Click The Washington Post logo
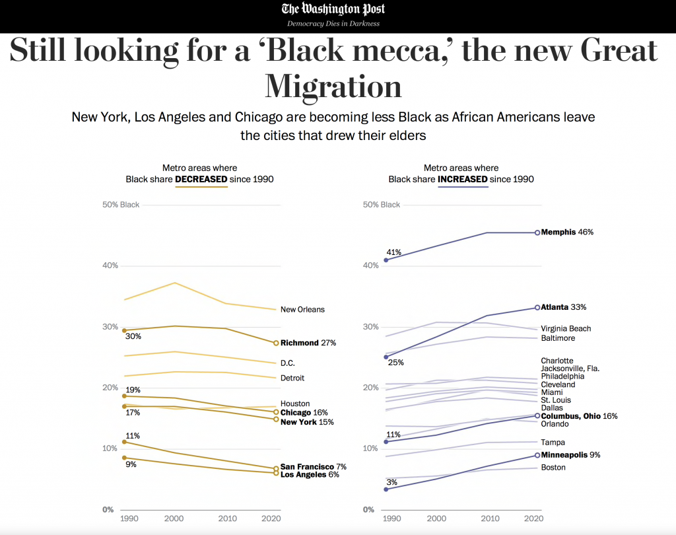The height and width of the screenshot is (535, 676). tap(333, 9)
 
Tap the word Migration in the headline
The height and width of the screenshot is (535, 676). tap(333, 87)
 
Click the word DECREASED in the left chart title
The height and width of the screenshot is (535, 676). tap(201, 179)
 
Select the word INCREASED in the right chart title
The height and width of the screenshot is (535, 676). tap(463, 179)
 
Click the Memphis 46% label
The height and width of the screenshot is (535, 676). tap(567, 232)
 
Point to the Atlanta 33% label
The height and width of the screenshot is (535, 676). tap(564, 307)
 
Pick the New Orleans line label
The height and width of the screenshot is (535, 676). tap(302, 309)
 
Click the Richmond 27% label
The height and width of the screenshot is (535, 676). tap(308, 343)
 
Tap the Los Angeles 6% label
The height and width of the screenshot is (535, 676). tap(310, 474)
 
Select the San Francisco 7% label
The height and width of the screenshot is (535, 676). tap(313, 466)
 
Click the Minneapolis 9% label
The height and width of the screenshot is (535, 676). tap(570, 455)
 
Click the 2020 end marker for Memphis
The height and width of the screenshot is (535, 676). tap(537, 232)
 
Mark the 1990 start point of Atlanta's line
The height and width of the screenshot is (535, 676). tap(386, 357)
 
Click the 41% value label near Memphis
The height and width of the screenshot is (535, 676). tap(394, 252)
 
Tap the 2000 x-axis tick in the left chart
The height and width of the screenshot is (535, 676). tap(174, 519)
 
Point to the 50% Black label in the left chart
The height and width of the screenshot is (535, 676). tap(121, 205)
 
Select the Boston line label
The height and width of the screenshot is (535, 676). tap(553, 468)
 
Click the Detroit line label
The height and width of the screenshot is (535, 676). tap(293, 378)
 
